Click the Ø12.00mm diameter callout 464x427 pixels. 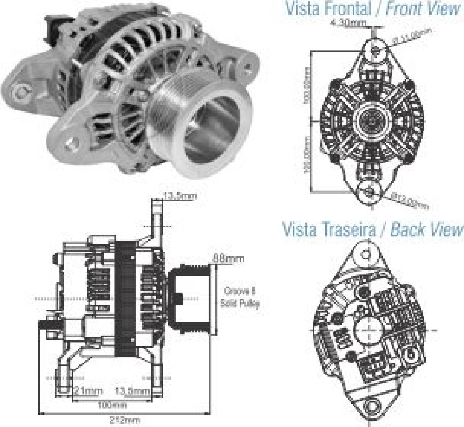[x=409, y=201]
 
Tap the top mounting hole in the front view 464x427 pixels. [x=374, y=49]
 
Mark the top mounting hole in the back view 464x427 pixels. [x=367, y=254]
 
